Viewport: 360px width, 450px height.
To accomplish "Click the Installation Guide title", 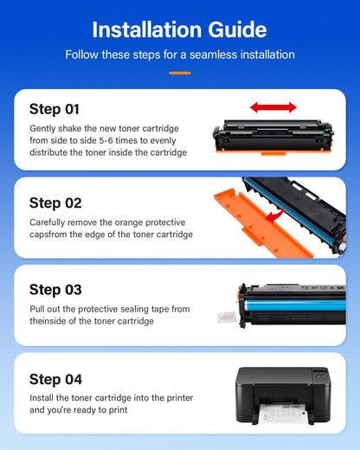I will coord(179,29).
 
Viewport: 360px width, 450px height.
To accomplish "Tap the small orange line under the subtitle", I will coord(179,73).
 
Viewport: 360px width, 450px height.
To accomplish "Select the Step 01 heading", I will coord(55,109).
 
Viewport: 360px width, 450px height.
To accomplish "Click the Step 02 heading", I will coord(55,202).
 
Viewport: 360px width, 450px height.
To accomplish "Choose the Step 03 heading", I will coord(55,290).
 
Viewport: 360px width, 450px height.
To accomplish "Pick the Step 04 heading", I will coord(55,379).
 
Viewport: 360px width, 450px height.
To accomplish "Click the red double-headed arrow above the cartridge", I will coord(273,107).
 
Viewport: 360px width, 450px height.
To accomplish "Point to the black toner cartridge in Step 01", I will coord(268,136).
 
